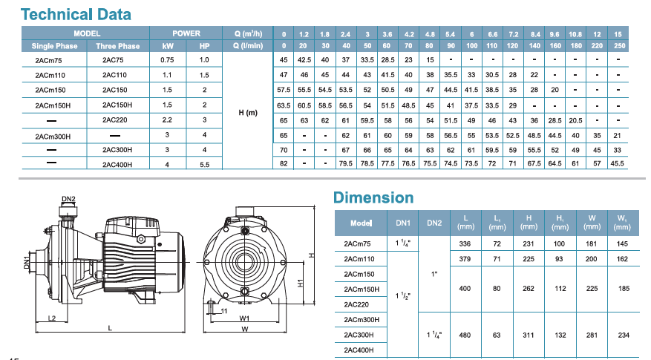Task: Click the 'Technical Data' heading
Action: click(76, 15)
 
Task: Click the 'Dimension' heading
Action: click(373, 197)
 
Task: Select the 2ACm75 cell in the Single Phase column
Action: click(48, 60)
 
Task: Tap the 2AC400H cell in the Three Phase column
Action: click(117, 165)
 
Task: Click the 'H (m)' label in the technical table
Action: click(248, 113)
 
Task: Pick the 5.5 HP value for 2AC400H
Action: click(204, 165)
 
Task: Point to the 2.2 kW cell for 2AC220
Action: click(167, 120)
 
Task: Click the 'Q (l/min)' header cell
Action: click(248, 46)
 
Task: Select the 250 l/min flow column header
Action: click(619, 46)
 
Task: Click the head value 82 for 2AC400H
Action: click(284, 163)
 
